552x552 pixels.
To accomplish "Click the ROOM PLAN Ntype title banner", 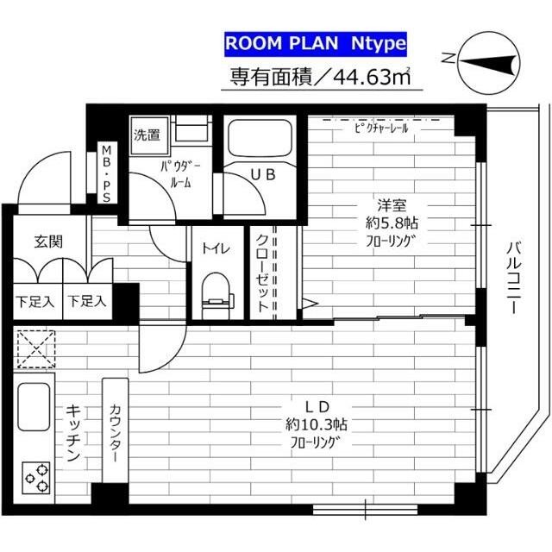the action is click(x=316, y=44).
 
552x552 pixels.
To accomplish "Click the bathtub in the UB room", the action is click(x=260, y=137).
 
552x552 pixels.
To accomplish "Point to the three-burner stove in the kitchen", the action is click(x=36, y=478).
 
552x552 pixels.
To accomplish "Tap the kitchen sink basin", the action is click(x=34, y=406).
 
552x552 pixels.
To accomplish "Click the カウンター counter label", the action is click(x=116, y=433).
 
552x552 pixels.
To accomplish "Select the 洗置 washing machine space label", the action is click(x=147, y=135).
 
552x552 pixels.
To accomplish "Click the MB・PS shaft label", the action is click(x=106, y=174).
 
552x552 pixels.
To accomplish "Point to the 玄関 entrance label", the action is click(x=48, y=241).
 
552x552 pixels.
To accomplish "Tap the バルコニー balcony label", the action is click(x=514, y=278).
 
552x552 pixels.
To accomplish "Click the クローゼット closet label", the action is click(x=262, y=273).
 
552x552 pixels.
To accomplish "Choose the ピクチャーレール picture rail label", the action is click(x=381, y=129).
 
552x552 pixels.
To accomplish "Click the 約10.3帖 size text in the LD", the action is click(x=317, y=424).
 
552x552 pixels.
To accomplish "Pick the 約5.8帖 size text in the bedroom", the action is click(x=392, y=223).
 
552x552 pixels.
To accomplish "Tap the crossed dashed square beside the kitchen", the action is click(x=36, y=349).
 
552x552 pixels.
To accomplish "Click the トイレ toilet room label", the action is click(x=216, y=248).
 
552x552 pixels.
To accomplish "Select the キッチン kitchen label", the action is click(x=73, y=433).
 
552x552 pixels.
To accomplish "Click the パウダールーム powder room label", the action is click(x=180, y=174).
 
